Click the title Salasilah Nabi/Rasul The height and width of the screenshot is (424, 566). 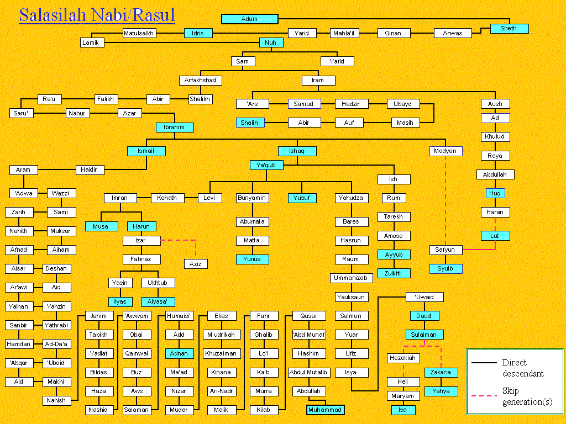click(x=97, y=15)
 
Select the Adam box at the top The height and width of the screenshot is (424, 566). click(x=249, y=19)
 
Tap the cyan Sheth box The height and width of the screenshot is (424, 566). click(x=509, y=29)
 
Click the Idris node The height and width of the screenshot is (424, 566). click(x=198, y=33)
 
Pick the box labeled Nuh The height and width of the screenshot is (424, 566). click(x=271, y=43)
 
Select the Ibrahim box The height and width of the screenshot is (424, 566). click(x=175, y=128)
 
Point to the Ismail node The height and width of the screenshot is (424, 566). click(x=146, y=151)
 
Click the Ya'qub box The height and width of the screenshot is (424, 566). click(x=266, y=165)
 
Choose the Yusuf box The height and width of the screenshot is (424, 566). click(x=302, y=198)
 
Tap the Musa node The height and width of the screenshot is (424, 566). click(x=101, y=226)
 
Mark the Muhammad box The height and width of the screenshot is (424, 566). click(x=325, y=410)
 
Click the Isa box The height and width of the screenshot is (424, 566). click(x=402, y=410)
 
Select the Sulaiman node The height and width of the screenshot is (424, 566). click(x=424, y=335)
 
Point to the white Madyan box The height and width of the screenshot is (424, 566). click(x=446, y=151)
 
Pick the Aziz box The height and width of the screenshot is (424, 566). click(x=196, y=264)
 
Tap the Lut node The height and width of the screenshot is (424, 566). click(x=495, y=236)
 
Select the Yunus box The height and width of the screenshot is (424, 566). click(x=252, y=259)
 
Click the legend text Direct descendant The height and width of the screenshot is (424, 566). click(x=523, y=368)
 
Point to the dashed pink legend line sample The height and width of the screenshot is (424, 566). click(x=485, y=395)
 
